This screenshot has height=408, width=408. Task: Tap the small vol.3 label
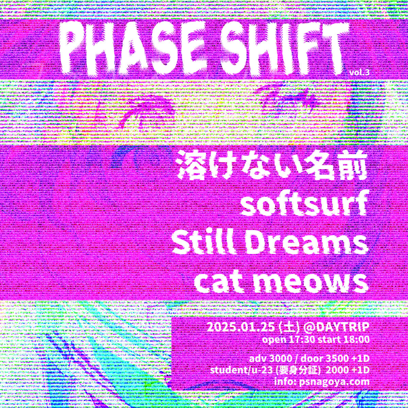359,73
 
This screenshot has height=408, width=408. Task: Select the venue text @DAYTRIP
336,333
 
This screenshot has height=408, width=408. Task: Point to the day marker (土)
290,333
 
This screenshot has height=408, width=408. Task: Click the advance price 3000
279,364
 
